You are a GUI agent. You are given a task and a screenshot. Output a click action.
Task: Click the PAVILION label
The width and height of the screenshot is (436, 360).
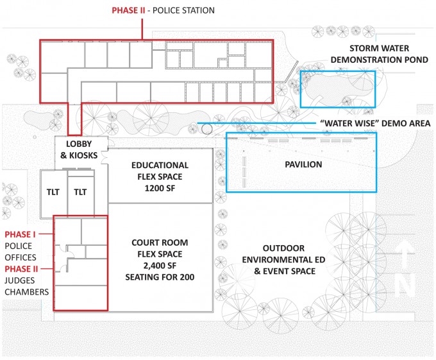pos(303,164)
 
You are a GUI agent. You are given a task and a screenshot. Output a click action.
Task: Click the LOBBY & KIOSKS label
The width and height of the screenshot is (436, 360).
pos(79,150)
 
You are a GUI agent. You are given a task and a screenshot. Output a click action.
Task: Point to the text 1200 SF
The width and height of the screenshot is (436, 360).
pos(160,189)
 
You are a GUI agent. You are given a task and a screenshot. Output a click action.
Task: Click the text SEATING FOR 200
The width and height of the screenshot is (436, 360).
pos(160,277)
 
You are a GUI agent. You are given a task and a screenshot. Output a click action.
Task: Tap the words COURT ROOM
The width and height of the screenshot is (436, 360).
pos(160,243)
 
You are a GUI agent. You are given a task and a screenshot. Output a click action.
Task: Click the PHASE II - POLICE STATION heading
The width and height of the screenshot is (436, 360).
pos(163,10)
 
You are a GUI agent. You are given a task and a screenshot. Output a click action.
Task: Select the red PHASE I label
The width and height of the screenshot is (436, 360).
pos(20,234)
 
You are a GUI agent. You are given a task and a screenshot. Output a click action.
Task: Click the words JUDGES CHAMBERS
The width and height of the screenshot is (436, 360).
pos(27,286)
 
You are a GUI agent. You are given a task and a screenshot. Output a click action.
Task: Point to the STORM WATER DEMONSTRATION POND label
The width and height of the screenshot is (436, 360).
pos(380,54)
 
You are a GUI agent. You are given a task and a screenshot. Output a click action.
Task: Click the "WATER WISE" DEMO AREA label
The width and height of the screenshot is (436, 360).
pos(375,123)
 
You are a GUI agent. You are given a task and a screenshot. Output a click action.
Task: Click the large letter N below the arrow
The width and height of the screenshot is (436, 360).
pos(407,286)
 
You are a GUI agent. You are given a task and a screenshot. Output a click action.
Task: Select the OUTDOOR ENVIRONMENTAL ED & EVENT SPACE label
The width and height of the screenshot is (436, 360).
pos(283,259)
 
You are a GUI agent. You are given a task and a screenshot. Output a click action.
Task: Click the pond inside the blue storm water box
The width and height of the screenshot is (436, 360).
pos(337,86)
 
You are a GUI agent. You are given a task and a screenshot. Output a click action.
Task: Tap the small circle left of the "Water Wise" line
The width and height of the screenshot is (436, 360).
pos(207,129)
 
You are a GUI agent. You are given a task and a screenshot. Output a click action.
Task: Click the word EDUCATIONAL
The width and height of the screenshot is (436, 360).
pos(160,166)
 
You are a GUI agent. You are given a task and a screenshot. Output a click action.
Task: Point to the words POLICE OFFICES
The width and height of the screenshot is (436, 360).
pos(21,252)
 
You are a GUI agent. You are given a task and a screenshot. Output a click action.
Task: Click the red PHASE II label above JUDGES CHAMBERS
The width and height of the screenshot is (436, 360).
pos(21,269)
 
